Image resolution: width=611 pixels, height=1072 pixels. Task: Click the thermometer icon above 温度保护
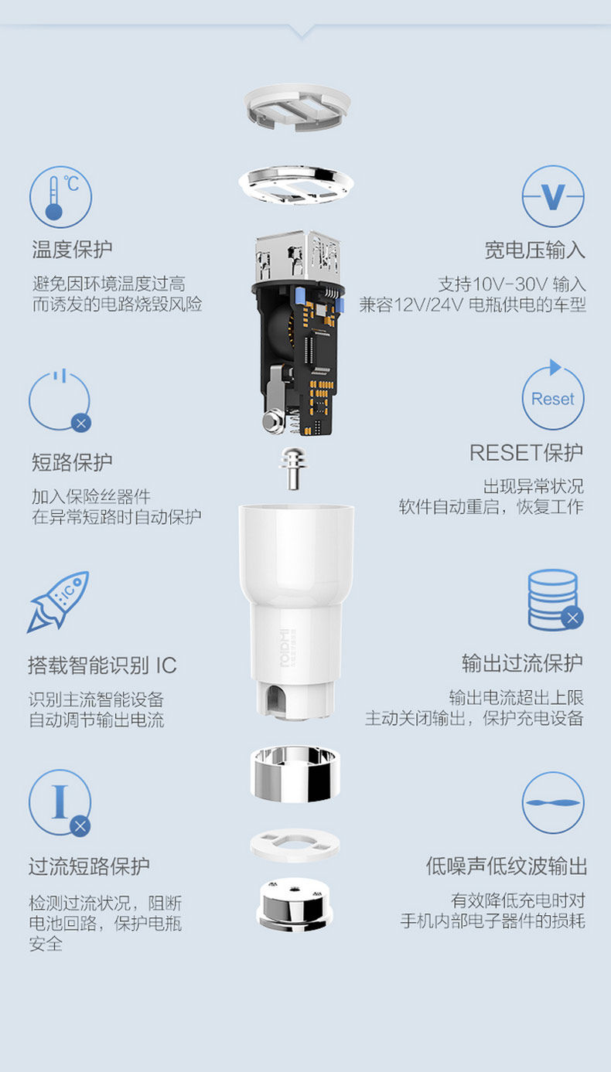pos(60,196)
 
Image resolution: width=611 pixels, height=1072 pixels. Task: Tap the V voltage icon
pos(553,196)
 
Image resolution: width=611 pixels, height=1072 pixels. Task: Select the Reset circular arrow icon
pos(553,398)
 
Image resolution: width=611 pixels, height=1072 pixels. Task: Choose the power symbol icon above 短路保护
pos(60,400)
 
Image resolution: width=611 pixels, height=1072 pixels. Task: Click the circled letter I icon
pos(60,803)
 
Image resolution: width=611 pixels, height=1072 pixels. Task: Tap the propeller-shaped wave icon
pos(553,803)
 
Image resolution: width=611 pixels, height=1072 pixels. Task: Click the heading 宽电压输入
pos(534,250)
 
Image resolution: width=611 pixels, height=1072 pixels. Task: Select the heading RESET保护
pos(526,452)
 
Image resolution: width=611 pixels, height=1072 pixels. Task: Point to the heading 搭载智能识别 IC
pos(102,665)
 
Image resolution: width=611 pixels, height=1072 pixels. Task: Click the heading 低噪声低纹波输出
pos(507,866)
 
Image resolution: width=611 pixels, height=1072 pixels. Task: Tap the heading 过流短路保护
pos(89,866)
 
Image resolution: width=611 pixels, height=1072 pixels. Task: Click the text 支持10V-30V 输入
pos(512,284)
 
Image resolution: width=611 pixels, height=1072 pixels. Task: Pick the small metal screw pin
pos(292,468)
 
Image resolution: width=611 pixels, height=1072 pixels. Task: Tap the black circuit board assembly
pos(298,348)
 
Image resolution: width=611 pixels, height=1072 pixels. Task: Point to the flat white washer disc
pos(295,844)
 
